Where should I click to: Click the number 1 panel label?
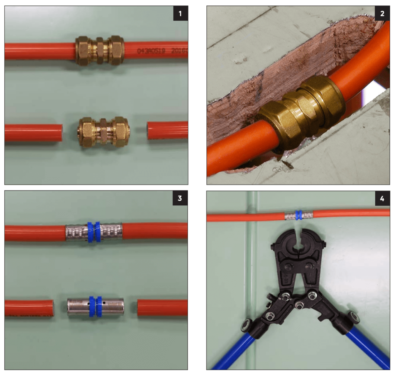click(180, 15)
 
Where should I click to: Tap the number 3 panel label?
click(180, 199)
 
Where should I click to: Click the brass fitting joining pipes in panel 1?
click(100, 50)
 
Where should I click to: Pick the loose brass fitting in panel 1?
click(104, 132)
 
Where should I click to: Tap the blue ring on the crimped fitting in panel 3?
click(94, 232)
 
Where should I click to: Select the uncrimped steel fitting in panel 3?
click(95, 307)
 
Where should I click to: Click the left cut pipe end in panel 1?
click(58, 132)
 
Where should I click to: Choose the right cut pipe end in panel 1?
click(151, 130)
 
